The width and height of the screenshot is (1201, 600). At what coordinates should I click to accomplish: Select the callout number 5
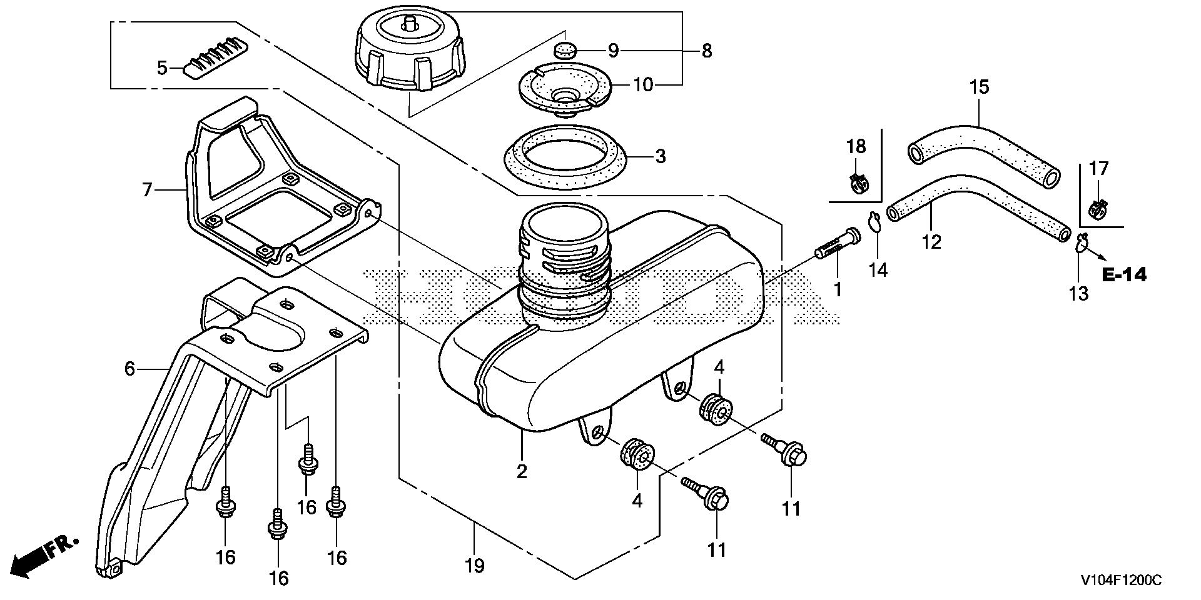coord(162,67)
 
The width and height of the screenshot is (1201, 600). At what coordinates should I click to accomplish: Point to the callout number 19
coord(474,566)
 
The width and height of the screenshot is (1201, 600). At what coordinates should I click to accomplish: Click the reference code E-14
coord(1124,274)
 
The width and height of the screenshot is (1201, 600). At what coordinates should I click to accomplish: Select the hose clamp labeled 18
coord(856,182)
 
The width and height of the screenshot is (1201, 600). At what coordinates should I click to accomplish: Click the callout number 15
coord(980,87)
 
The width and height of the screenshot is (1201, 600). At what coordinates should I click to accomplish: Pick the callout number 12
coord(931,242)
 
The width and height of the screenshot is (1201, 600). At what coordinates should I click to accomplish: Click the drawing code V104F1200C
coord(1120,581)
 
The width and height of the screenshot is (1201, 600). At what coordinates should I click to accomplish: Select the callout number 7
coord(147,189)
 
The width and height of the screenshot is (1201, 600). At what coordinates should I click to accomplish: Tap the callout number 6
coord(129,369)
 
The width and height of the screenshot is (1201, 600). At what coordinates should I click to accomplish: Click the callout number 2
coord(522,471)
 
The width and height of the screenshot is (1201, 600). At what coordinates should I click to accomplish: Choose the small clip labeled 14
coord(874,222)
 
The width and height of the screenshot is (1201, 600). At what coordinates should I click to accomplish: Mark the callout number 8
coord(707,51)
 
